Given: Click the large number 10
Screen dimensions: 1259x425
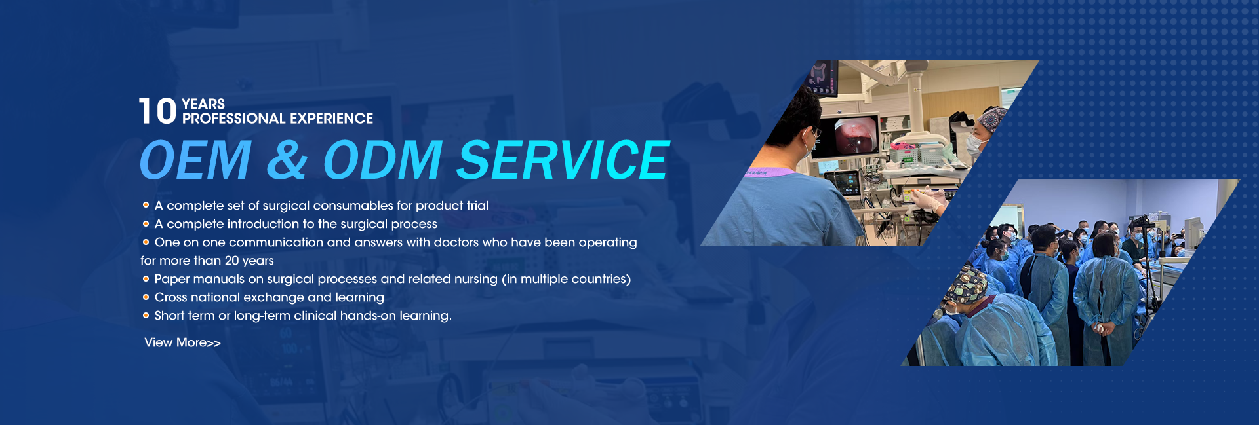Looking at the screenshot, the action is (x=157, y=111).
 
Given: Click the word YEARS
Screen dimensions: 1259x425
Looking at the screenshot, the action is (x=203, y=104).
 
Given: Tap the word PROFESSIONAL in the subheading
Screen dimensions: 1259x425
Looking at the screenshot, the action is (x=233, y=119).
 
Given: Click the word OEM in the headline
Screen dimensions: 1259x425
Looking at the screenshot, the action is (x=195, y=160).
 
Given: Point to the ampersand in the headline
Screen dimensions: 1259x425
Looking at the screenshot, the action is (x=287, y=160).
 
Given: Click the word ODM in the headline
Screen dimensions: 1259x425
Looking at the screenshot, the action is (x=383, y=160).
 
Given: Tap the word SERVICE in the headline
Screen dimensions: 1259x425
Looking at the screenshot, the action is (x=563, y=160).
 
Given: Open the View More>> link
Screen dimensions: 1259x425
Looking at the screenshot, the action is (x=182, y=342).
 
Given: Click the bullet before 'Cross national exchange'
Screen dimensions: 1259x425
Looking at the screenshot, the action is (x=146, y=297).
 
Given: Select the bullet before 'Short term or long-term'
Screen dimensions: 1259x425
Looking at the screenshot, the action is (x=146, y=316).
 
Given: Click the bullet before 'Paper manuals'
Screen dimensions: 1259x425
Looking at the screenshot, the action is (x=146, y=279).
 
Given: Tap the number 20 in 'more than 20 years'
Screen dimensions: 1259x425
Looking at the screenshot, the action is (x=231, y=261).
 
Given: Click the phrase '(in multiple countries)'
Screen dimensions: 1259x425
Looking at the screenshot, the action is (x=567, y=279).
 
